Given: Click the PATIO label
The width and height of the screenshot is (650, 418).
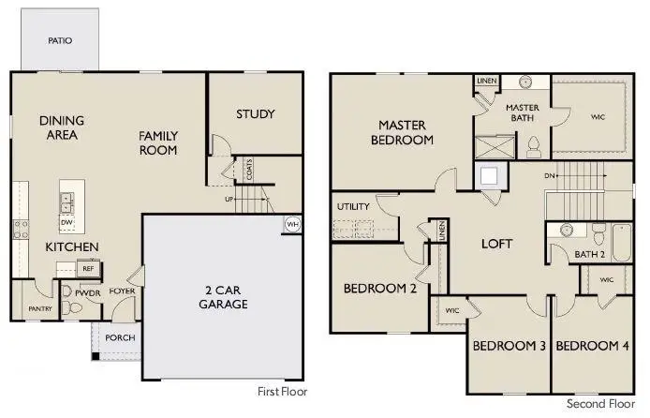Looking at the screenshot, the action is click(x=60, y=40).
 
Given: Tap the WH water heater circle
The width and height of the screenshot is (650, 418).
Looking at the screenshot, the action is click(x=292, y=224).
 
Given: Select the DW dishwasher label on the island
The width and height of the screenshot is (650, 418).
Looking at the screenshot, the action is click(x=66, y=223).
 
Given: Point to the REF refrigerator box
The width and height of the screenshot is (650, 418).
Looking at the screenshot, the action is click(x=88, y=269).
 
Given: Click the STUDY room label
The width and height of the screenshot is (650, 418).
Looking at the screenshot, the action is click(x=256, y=114).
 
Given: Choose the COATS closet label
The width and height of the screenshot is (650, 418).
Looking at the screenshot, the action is click(x=249, y=170).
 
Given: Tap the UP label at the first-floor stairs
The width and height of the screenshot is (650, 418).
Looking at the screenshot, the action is click(x=229, y=200).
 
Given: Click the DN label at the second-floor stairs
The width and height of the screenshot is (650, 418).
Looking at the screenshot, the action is click(x=549, y=176).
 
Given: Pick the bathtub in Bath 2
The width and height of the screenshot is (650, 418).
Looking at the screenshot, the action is click(x=621, y=243).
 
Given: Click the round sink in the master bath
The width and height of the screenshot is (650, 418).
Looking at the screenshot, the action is click(x=526, y=81).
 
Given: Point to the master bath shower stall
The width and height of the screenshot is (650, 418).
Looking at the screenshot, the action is click(x=495, y=147).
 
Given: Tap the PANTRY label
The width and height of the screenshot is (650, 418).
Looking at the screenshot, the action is click(x=40, y=309).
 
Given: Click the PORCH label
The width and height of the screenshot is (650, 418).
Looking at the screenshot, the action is click(x=120, y=338).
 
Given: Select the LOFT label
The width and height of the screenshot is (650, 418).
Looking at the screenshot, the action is click(x=496, y=244).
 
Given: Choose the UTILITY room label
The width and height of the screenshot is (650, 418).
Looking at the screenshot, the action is click(x=353, y=206).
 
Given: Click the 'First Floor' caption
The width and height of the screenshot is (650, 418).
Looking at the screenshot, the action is click(x=282, y=392).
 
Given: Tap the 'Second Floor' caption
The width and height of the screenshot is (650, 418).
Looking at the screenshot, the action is click(x=600, y=404).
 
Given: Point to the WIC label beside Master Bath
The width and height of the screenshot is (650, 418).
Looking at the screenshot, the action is click(x=598, y=117).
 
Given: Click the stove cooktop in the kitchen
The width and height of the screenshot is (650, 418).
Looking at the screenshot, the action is click(x=21, y=230).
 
